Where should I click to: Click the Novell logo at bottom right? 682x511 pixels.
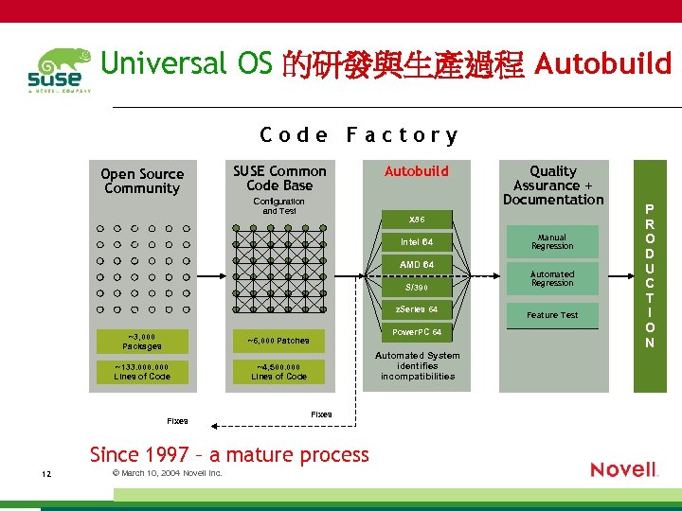623,469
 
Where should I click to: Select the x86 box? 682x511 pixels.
416,219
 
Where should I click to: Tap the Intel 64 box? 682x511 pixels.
416,241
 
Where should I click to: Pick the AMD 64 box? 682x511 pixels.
416,264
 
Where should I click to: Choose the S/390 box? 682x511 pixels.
416,287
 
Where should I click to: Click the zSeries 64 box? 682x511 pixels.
416,309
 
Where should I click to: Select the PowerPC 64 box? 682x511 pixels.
416,332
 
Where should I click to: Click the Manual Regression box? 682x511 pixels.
552,241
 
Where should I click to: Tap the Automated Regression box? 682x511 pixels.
552,278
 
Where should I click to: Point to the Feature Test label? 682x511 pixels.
552,315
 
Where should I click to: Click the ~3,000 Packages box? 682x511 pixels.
142,341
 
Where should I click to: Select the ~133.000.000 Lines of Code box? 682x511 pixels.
142,372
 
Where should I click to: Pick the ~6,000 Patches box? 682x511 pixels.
278,341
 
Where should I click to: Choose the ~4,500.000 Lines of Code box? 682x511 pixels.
278,372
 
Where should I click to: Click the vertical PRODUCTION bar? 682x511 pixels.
650,275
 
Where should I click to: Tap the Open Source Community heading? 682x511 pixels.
142,181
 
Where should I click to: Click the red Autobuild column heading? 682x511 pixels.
416,171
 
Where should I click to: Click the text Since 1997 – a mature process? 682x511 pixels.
229,454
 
